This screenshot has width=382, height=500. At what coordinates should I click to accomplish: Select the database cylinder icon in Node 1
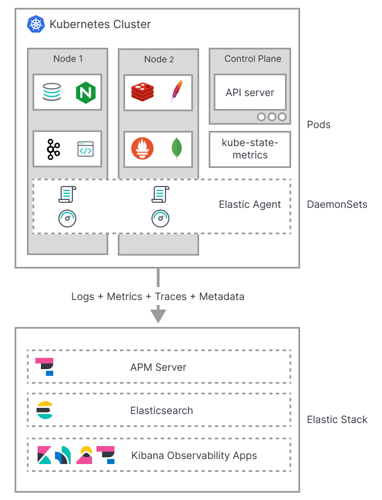(51, 92)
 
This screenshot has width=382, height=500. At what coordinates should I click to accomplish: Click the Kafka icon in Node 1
(53, 149)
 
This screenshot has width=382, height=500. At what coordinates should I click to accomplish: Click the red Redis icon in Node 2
(142, 92)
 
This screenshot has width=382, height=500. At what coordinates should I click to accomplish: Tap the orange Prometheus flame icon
(142, 148)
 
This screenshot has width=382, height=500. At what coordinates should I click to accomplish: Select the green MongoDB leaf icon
(177, 148)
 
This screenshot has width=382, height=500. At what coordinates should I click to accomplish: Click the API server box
(250, 93)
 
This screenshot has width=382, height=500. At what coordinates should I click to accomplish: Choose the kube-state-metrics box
(250, 149)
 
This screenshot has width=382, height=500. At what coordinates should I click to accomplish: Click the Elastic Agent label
(250, 204)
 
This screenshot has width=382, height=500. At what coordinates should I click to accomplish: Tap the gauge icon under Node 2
(160, 219)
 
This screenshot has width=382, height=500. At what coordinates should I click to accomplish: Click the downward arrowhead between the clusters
(158, 315)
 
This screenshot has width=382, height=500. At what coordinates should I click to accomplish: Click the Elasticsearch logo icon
(44, 411)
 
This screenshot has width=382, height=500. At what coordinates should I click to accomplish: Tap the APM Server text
(158, 367)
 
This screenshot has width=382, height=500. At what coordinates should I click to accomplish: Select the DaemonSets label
(337, 204)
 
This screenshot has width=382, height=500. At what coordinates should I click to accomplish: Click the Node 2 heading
(159, 60)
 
